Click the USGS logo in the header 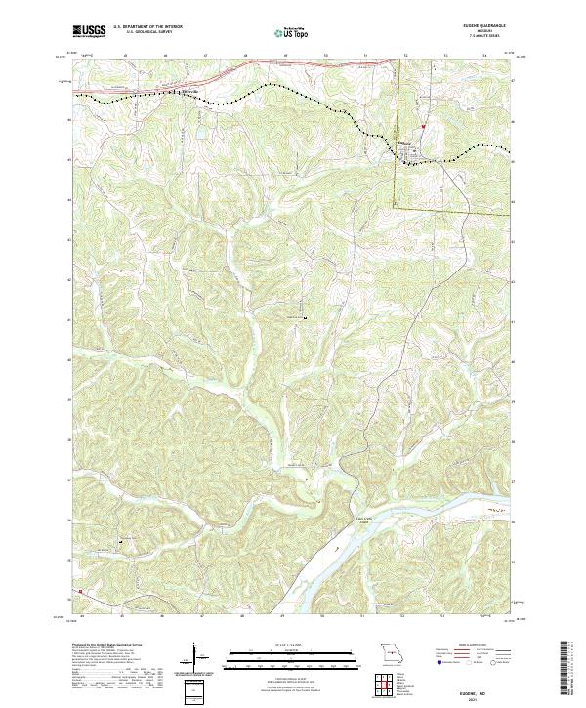point(89,31)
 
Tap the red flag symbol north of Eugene point(422,127)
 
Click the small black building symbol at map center point(305,318)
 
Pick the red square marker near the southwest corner point(82,591)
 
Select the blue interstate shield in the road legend point(437,660)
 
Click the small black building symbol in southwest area point(123,539)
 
